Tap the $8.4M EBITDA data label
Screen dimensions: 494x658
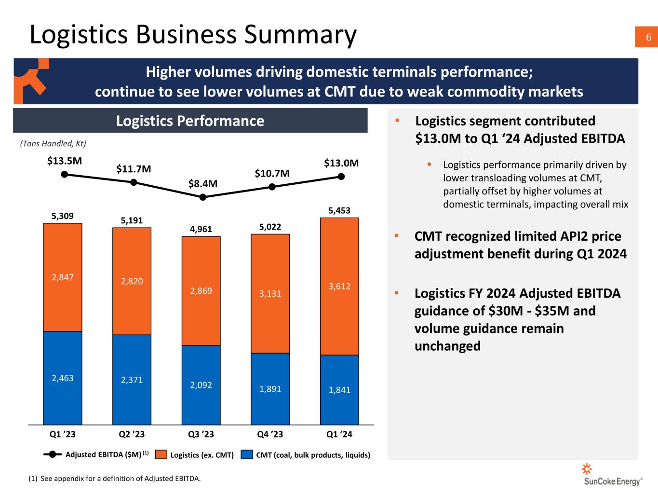[x=202, y=184]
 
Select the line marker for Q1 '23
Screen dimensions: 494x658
[x=64, y=174]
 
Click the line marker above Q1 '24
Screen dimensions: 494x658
[x=341, y=176]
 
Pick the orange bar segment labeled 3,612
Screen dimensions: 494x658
[x=339, y=287]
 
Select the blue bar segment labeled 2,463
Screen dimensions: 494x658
[x=63, y=378]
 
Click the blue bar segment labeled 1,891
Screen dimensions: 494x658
[x=270, y=389]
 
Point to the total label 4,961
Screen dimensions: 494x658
[x=201, y=229]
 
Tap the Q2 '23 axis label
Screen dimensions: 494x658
[x=132, y=434]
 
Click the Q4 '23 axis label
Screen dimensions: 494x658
[x=270, y=434]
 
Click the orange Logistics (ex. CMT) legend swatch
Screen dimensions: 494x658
[x=161, y=454]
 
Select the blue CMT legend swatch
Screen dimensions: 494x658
[x=247, y=454]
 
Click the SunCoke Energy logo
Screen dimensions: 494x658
[x=612, y=475]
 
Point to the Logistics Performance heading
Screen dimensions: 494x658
[x=190, y=121]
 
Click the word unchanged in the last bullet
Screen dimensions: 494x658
[x=447, y=346]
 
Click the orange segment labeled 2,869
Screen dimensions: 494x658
[x=201, y=291]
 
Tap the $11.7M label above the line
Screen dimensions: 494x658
[x=134, y=169]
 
